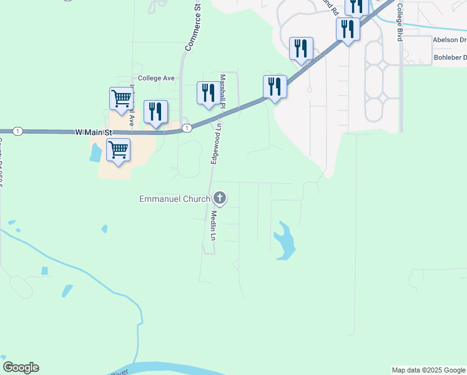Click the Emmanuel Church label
click(174, 199)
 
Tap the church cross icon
click(219, 199)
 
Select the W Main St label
click(93, 132)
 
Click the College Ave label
click(156, 79)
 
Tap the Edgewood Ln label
click(216, 143)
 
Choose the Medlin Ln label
click(212, 226)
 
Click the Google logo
click(21, 367)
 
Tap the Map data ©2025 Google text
click(429, 370)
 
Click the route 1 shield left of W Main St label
click(17, 131)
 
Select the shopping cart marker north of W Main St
click(121, 98)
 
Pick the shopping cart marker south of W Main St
click(118, 150)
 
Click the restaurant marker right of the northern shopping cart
click(155, 112)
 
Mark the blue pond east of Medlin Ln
click(285, 241)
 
